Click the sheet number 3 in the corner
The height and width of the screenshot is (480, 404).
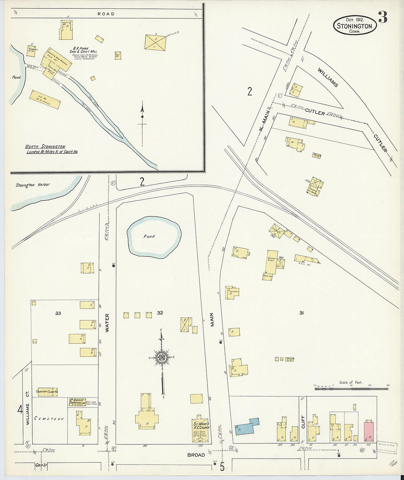(x=382, y=17)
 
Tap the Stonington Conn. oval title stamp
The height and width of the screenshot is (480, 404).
(x=355, y=26)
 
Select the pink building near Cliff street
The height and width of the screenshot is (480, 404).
(x=368, y=431)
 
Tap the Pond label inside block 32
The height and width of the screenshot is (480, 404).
(x=149, y=236)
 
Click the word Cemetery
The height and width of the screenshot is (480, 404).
(x=49, y=419)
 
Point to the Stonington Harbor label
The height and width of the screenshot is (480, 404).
(x=33, y=185)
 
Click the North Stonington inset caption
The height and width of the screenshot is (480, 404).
(x=51, y=149)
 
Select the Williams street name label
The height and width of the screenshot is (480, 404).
(x=328, y=77)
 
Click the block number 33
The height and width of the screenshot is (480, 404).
(x=58, y=313)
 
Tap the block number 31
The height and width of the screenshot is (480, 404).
(x=301, y=313)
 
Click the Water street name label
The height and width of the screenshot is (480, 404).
(x=107, y=323)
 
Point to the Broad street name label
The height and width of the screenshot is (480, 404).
(x=196, y=455)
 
